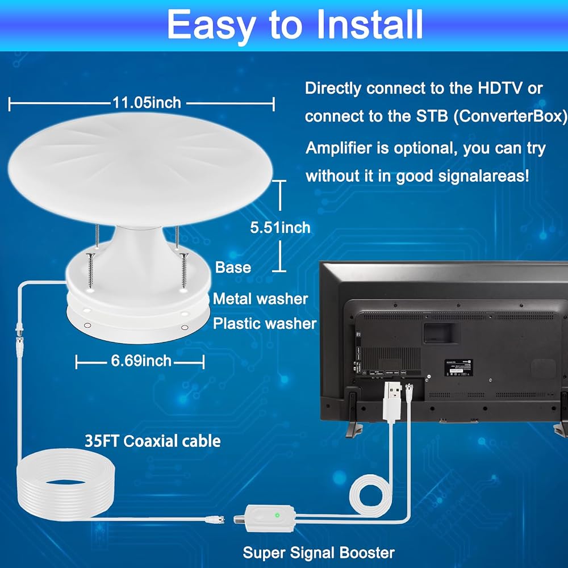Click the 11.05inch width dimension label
click(x=147, y=103)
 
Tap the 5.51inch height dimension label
click(x=281, y=228)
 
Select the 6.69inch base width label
click(x=141, y=361)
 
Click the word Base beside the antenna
click(x=233, y=268)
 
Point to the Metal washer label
click(x=261, y=299)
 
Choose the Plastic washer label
click(x=265, y=324)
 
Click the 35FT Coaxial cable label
click(x=152, y=441)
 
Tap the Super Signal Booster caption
click(x=319, y=553)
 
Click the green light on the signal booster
click(x=277, y=515)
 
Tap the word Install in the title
click(x=370, y=25)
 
